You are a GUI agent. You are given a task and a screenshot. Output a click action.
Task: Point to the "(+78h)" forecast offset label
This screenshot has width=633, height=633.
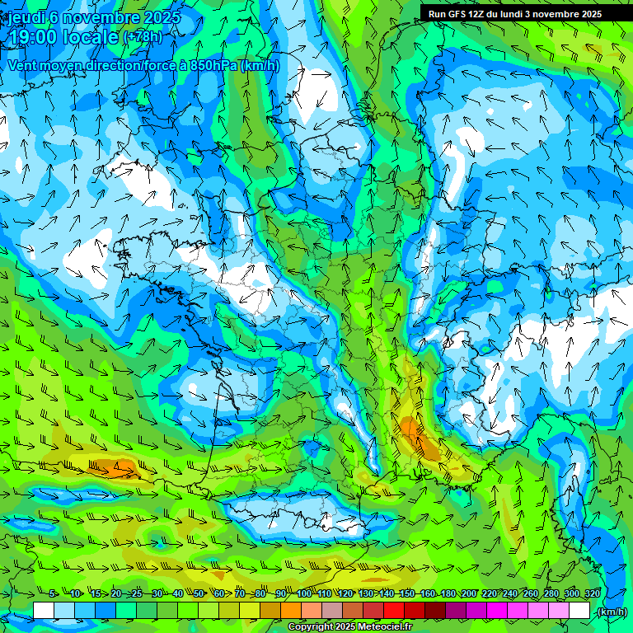(143, 37)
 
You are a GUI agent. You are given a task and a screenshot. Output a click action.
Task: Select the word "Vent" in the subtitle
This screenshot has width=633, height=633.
(23, 65)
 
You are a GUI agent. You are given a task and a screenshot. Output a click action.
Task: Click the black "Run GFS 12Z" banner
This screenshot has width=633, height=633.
(514, 14)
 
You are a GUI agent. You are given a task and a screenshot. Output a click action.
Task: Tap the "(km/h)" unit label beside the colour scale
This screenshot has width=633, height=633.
(611, 612)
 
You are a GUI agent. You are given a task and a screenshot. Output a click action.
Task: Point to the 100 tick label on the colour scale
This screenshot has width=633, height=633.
(303, 594)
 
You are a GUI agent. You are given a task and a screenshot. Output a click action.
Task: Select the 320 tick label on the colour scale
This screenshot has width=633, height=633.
(591, 594)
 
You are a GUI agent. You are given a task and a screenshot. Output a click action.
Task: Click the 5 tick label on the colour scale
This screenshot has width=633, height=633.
(53, 594)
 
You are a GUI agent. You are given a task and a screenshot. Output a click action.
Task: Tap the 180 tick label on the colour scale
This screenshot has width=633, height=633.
(448, 594)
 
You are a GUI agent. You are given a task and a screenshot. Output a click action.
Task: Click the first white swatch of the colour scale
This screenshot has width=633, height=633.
(44, 611)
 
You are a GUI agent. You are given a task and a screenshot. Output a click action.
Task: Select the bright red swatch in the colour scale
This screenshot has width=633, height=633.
(394, 611)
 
